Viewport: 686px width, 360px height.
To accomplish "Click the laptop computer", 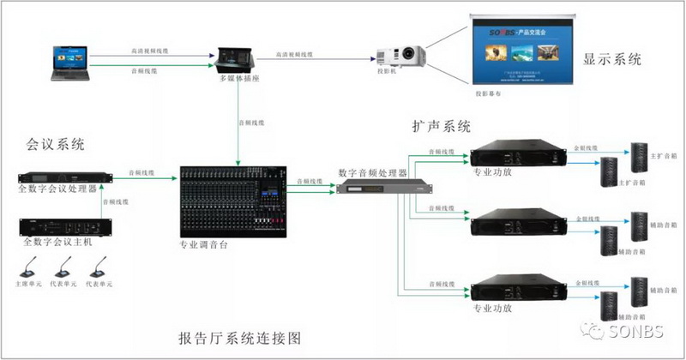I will pos(71,64).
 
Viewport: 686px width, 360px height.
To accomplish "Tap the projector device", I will pos(400,56).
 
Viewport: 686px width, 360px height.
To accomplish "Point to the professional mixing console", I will pos(234,201).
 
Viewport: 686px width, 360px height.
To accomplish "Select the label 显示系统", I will pos(612,60).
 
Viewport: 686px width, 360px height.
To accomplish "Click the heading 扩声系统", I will pos(441,127).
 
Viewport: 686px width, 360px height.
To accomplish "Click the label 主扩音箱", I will pos(664,156).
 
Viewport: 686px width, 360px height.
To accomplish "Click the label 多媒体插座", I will pos(235,78).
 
